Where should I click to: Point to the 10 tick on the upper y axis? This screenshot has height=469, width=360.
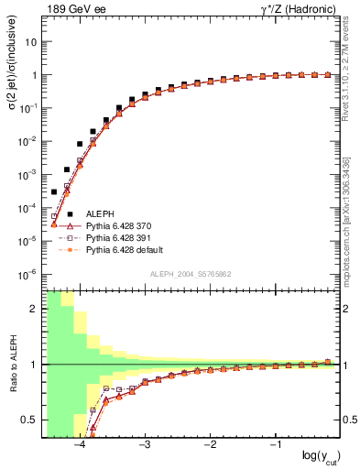coord(31,42)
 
